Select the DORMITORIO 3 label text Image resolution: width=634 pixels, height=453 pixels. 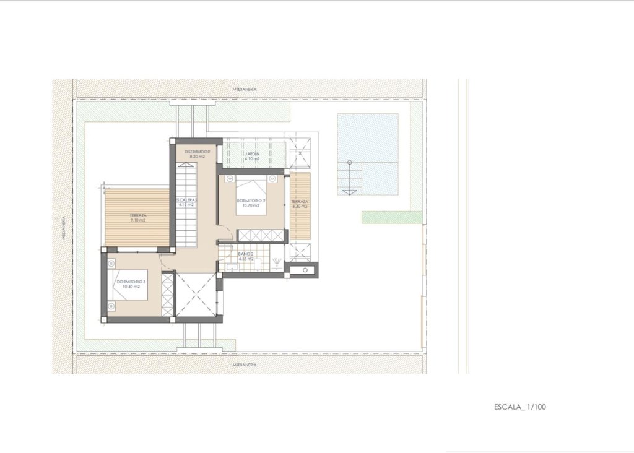pyautogui.click(x=130, y=283)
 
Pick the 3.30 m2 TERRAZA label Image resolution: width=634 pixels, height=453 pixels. pyautogui.click(x=300, y=204)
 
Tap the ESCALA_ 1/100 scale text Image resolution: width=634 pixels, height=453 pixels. pyautogui.click(x=520, y=407)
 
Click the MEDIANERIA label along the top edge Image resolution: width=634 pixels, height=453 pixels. pyautogui.click(x=245, y=90)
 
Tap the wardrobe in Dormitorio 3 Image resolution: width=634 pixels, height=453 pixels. pyautogui.click(x=167, y=295)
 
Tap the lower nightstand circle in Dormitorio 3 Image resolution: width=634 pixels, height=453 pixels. pyautogui.click(x=111, y=306)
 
